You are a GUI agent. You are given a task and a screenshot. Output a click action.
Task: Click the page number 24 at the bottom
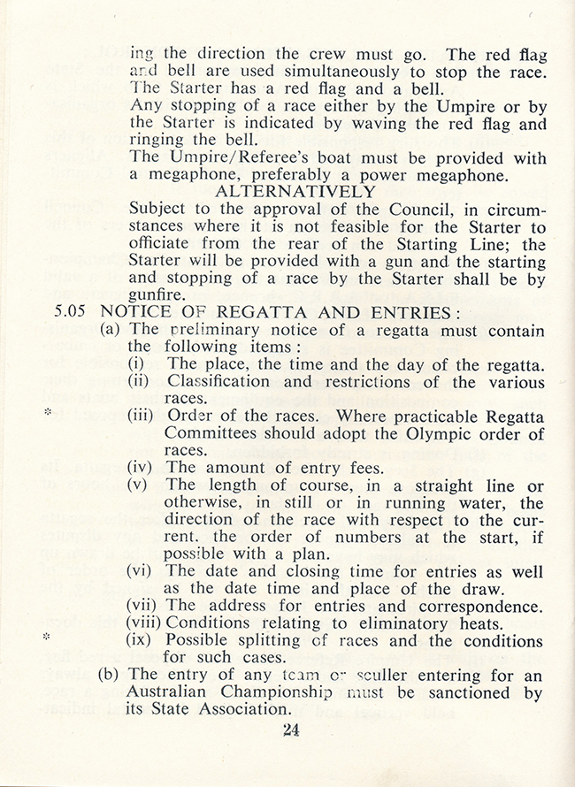[x=290, y=730]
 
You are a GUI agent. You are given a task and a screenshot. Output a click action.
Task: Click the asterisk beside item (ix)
[x=48, y=638]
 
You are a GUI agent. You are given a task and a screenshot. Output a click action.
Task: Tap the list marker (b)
[x=111, y=676]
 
